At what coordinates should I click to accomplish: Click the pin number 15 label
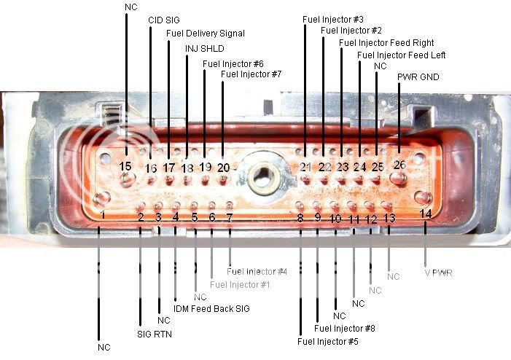pyautogui.click(x=125, y=166)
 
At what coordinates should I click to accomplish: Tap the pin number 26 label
pyautogui.click(x=399, y=165)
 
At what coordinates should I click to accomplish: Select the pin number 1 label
pyautogui.click(x=103, y=214)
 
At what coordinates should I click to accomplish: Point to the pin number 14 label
pyautogui.click(x=426, y=213)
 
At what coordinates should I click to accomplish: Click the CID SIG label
pyautogui.click(x=163, y=20)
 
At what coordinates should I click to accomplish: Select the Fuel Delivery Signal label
pyautogui.click(x=206, y=34)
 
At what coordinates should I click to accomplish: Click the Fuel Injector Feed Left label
pyautogui.click(x=401, y=55)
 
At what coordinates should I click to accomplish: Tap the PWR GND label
pyautogui.click(x=418, y=77)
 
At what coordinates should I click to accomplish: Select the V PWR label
pyautogui.click(x=439, y=273)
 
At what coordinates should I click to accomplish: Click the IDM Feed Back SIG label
pyautogui.click(x=211, y=309)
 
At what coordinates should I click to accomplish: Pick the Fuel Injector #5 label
pyautogui.click(x=327, y=340)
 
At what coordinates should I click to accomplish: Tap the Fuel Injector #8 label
pyautogui.click(x=345, y=329)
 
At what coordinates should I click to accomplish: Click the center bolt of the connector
pyautogui.click(x=260, y=176)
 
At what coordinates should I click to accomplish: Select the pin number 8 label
pyautogui.click(x=300, y=217)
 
